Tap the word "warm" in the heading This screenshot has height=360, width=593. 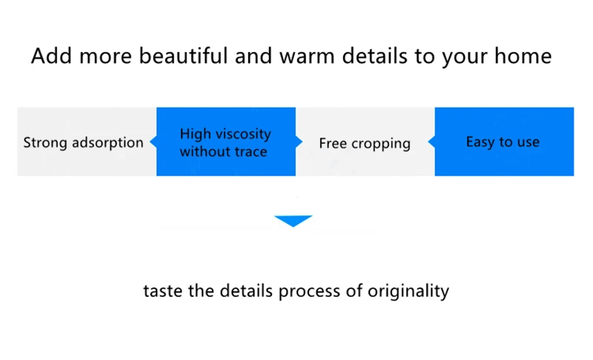click(307, 56)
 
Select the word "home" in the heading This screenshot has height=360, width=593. click(523, 56)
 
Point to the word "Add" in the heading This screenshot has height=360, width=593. click(51, 56)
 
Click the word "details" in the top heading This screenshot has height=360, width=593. click(374, 56)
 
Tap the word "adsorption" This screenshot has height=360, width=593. click(107, 143)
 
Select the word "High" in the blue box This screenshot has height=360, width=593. click(195, 134)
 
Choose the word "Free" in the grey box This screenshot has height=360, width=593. click(332, 143)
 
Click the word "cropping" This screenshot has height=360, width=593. click(381, 144)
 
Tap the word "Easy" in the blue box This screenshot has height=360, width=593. click(480, 142)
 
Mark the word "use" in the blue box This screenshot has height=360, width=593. click(529, 142)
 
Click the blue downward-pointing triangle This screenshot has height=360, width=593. click(293, 221)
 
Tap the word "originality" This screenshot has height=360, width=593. click(408, 291)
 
